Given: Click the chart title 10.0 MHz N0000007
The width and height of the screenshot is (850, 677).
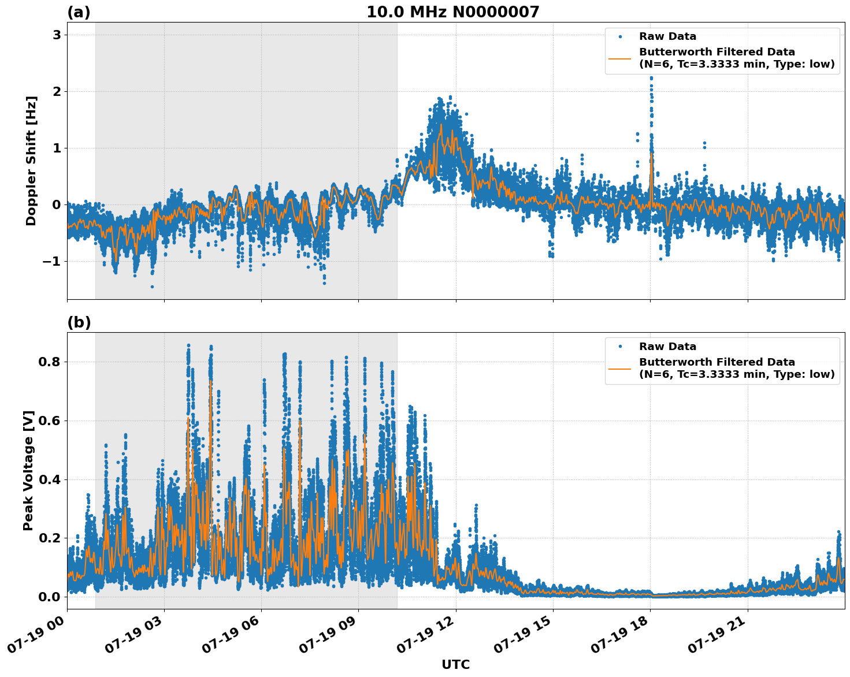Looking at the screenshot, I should [452, 12].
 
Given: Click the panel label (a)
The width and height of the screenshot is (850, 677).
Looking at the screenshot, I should [79, 12].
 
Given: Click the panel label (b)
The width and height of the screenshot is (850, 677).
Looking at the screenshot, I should [79, 322].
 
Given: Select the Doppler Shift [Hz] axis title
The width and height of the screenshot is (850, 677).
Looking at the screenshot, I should [31, 161].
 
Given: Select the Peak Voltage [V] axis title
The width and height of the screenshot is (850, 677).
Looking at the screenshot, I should [28, 470].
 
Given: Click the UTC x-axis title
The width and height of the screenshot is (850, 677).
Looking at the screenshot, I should [455, 664].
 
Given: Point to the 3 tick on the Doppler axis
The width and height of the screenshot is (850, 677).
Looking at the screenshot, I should [57, 35].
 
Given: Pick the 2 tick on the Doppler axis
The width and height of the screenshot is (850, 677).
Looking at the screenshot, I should [57, 91].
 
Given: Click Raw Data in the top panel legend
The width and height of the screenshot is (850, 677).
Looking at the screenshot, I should [667, 36].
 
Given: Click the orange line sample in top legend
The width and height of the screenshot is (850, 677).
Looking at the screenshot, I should [620, 58].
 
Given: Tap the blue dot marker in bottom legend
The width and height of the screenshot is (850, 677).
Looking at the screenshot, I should [620, 347].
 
